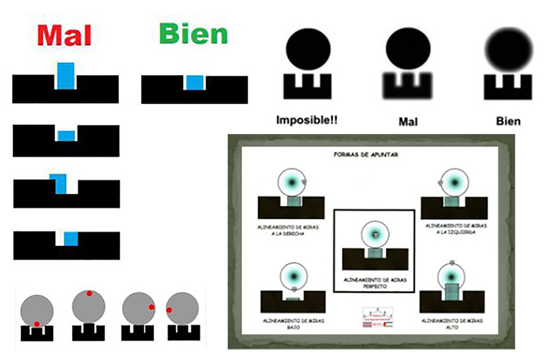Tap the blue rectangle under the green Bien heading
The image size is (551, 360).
(194, 83)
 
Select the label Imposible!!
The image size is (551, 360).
(307, 120)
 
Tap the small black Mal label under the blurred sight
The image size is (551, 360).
(408, 121)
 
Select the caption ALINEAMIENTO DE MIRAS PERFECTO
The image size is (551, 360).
(375, 283)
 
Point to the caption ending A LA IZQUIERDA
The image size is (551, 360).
(456, 229)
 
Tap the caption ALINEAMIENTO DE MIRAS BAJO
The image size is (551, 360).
(293, 324)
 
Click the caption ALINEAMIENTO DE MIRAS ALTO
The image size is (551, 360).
(452, 324)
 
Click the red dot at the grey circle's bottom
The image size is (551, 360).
(37, 324)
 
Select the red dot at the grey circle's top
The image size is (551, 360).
(89, 293)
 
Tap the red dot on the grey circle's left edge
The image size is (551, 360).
(169, 310)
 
